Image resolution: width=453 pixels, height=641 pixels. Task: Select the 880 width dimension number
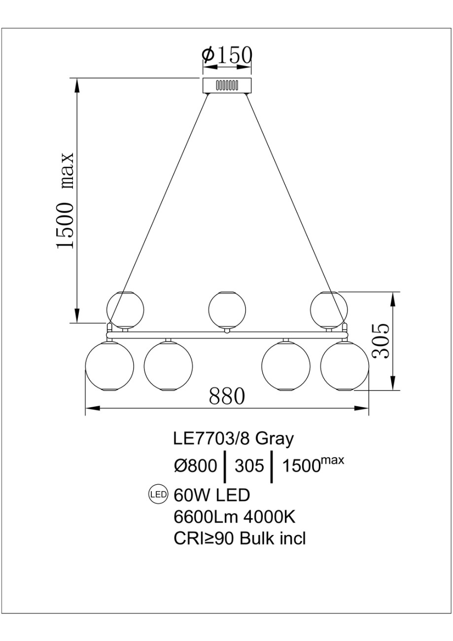pos(227,396)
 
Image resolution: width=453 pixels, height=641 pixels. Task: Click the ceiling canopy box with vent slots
pos(227,85)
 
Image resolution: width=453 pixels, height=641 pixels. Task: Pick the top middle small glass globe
pos(227,310)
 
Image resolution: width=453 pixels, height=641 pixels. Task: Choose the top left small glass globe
pos(125,310)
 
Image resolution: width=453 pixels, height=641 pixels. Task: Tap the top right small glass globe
pos(329,310)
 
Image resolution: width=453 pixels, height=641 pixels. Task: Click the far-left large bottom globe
pos(110,366)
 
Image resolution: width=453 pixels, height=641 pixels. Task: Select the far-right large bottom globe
pos(345,366)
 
